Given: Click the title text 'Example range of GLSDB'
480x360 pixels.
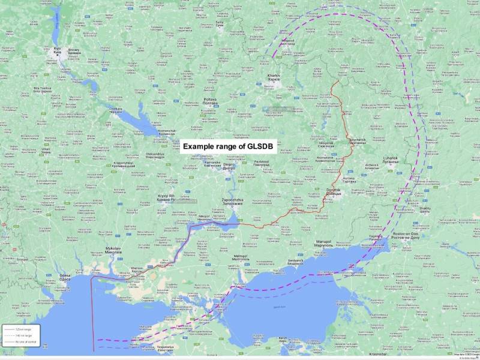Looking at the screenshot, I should (x=228, y=146).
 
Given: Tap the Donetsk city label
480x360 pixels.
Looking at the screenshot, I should (x=333, y=191).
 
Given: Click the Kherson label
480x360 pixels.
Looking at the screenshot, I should (x=137, y=271).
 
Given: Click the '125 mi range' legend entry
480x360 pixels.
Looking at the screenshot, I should (x=22, y=329).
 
